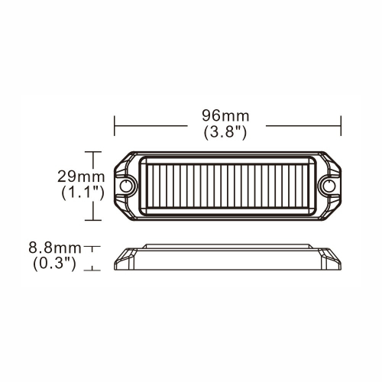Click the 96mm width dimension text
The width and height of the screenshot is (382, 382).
tap(226, 115)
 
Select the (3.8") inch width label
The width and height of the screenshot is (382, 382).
tap(226, 131)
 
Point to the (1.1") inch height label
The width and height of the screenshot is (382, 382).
tap(82, 193)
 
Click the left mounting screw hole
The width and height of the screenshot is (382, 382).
tap(126, 186)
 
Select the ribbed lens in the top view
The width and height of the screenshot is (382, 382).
tap(228, 186)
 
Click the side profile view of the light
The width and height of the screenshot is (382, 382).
tap(228, 257)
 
